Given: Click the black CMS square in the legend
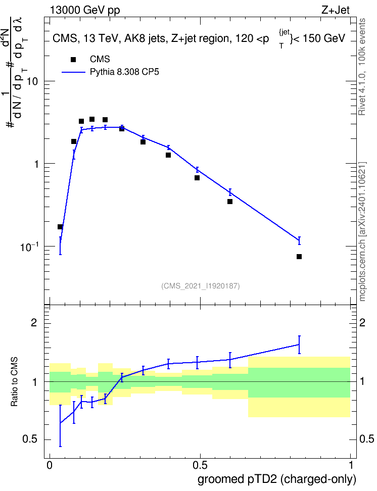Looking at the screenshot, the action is (73, 60).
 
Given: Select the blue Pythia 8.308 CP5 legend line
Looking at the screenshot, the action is (73, 72).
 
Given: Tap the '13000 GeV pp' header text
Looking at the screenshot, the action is (85, 10).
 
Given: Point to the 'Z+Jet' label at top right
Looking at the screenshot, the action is (336, 10).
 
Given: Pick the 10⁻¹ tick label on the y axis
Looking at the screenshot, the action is (29, 247).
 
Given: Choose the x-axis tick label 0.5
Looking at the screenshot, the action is (200, 465).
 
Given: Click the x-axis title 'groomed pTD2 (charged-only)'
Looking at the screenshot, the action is (277, 479).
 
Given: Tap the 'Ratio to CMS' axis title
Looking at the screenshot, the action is (14, 382).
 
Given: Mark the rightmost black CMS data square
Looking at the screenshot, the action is (299, 257).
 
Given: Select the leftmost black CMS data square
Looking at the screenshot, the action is (60, 227).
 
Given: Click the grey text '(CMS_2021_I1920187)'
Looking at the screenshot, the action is (201, 286).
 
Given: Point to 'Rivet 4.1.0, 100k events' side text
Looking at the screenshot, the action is (362, 67).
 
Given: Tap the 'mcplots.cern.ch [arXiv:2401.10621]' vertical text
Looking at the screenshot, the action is (362, 231).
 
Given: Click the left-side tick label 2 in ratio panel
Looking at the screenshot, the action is (34, 322).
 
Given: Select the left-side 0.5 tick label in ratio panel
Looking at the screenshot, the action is (30, 439).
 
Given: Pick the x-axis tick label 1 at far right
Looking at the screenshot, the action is (351, 465).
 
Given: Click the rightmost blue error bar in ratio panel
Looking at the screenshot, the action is (299, 345).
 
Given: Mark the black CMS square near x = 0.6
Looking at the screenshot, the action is (230, 202).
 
